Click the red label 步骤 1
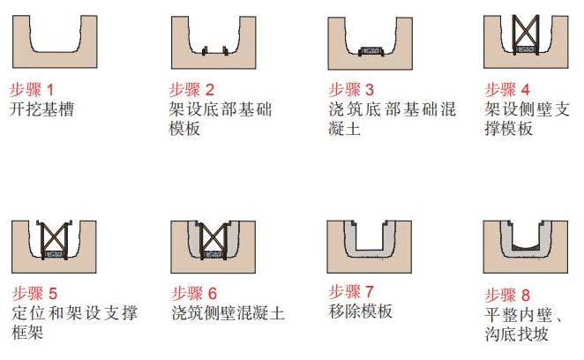click(32, 89)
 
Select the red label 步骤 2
click(191, 89)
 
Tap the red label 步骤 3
click(351, 89)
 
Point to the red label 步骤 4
click(507, 89)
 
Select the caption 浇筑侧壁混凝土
click(228, 313)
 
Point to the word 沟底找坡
click(520, 334)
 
